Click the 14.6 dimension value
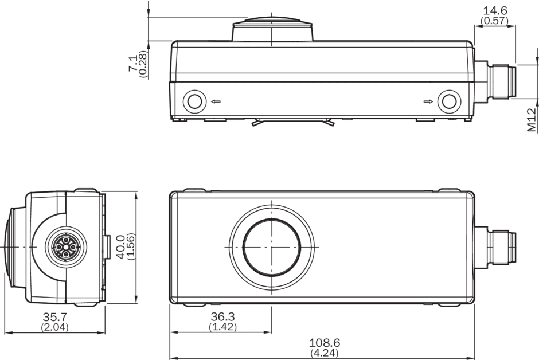[495, 10]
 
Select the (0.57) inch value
[495, 21]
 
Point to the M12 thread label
[532, 120]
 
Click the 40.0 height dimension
[120, 246]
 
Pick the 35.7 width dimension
[55, 316]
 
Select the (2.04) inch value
[55, 327]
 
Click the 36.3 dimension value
[222, 316]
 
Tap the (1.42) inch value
[222, 327]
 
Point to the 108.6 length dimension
[325, 342]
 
